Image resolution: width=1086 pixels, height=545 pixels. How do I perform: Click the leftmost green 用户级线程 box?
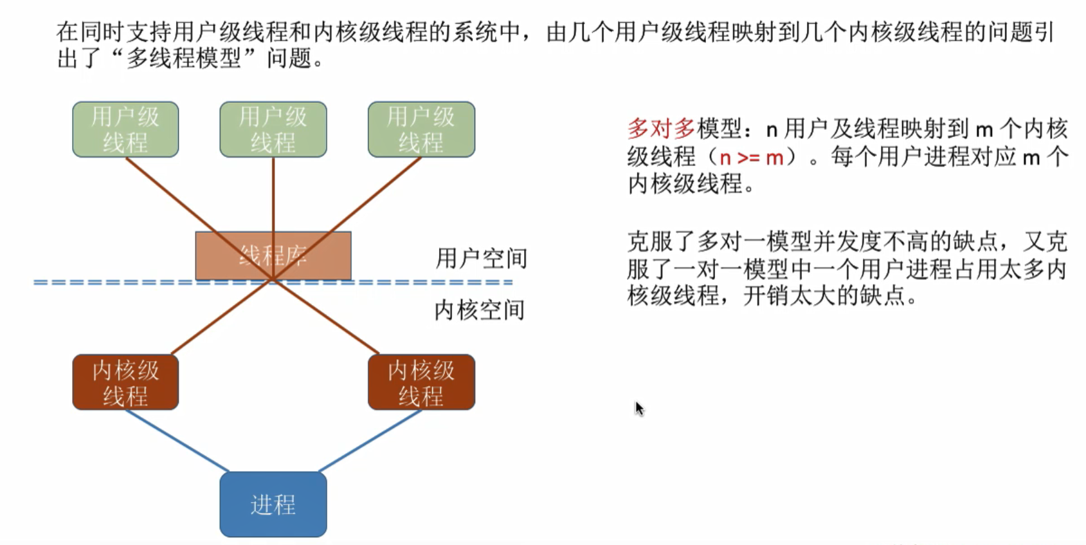click(125, 129)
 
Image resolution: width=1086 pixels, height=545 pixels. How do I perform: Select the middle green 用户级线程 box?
click(273, 129)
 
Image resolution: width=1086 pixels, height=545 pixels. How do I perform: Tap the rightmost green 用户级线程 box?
click(421, 129)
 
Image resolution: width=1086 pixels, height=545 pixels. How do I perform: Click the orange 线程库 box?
click(273, 255)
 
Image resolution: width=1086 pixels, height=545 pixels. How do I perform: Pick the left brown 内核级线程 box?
click(125, 382)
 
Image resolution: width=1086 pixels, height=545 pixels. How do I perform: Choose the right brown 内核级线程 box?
click(421, 382)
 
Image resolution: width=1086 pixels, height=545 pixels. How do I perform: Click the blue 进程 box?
click(273, 504)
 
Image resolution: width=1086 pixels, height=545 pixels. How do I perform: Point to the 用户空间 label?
click(481, 259)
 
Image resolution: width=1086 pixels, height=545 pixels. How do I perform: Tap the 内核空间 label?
click(480, 310)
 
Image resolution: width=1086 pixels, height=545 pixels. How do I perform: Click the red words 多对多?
click(661, 129)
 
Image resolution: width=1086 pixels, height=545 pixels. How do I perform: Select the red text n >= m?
click(751, 157)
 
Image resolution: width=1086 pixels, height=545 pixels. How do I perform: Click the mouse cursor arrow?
click(638, 408)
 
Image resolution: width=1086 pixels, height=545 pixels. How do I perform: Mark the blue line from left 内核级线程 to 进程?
click(177, 441)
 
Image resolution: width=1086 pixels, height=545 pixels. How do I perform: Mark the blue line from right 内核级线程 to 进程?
click(370, 441)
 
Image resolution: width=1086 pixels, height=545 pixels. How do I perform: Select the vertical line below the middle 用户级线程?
click(273, 193)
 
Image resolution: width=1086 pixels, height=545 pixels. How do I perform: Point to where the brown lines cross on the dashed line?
click(273, 280)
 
